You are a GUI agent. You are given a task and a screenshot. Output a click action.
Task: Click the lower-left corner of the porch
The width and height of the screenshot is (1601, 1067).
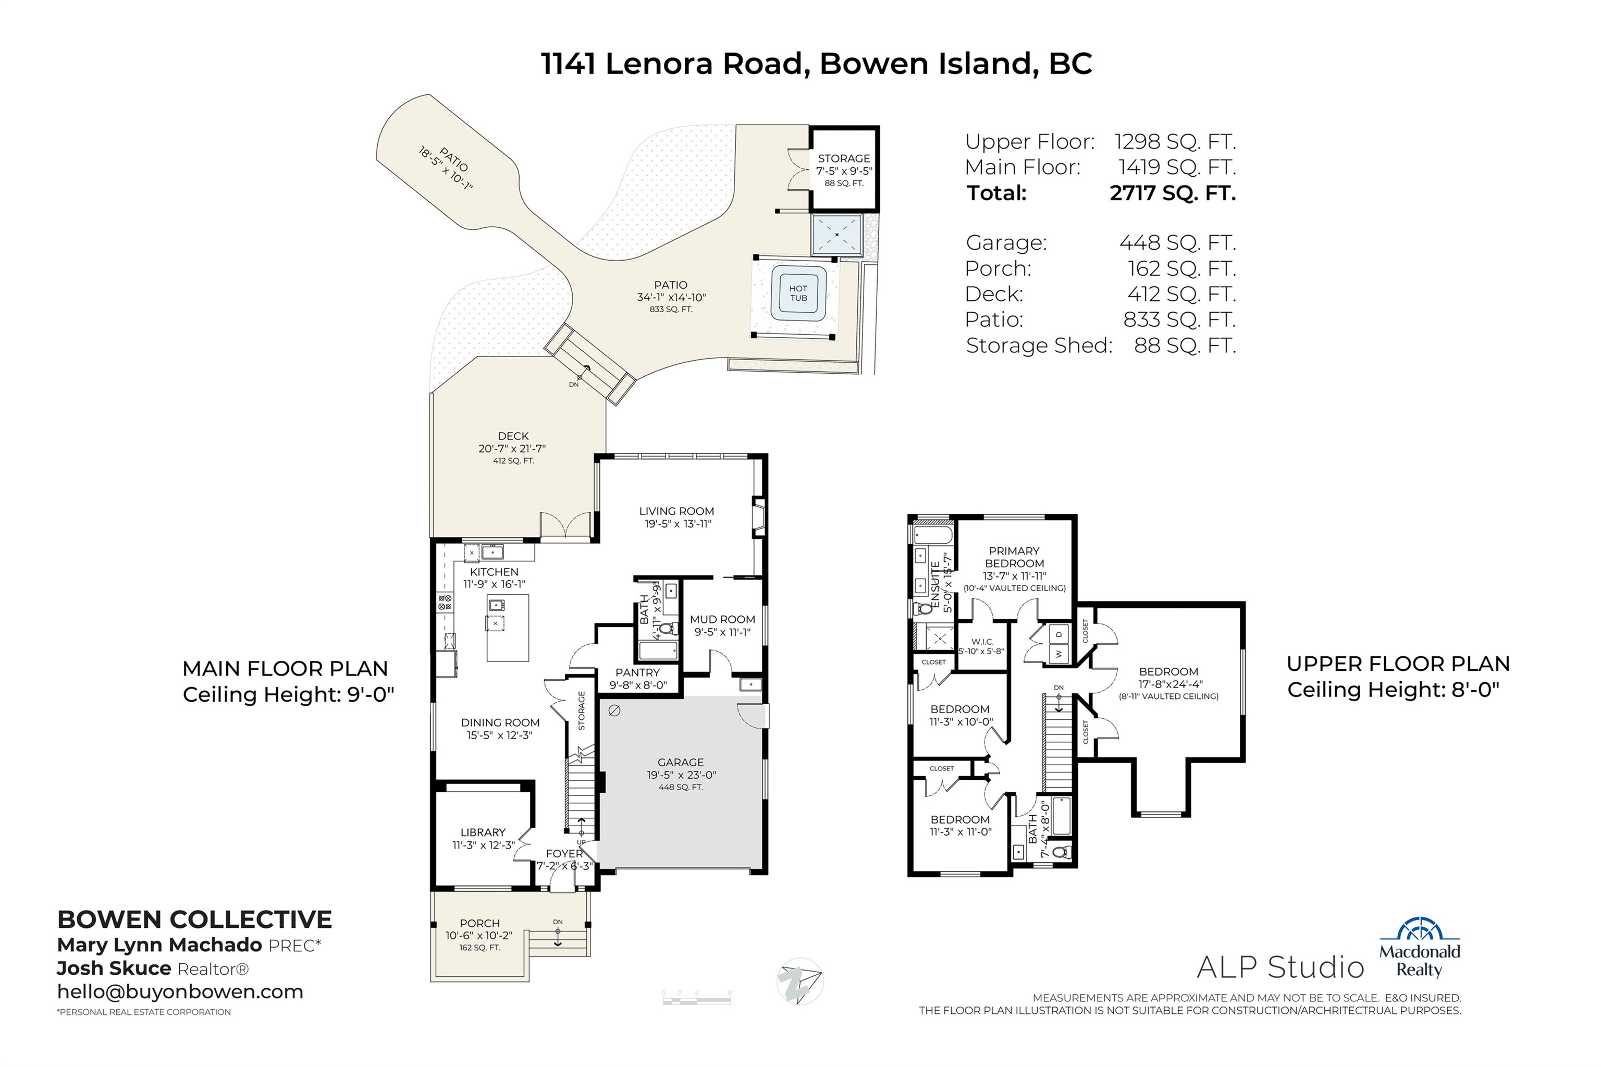tap(432, 980)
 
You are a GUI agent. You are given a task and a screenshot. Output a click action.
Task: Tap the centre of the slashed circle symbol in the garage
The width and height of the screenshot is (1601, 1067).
tap(614, 710)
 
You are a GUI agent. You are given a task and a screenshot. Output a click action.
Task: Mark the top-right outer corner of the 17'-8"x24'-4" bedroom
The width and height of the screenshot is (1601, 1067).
tap(1244, 604)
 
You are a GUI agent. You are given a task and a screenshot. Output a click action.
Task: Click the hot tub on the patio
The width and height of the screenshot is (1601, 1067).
tap(798, 293)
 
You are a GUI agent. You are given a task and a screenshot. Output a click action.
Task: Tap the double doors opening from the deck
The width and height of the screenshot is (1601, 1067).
tap(565, 525)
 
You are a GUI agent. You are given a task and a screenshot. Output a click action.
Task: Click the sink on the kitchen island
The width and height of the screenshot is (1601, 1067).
tap(497, 604)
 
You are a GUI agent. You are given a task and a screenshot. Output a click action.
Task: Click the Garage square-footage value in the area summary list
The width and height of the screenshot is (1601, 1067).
tap(1177, 243)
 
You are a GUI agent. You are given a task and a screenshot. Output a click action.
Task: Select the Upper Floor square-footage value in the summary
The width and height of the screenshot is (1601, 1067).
tap(1175, 142)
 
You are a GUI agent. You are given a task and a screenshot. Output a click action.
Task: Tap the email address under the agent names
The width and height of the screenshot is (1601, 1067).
tap(180, 991)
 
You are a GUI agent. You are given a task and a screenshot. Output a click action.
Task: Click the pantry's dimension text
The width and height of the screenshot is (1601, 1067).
tap(638, 685)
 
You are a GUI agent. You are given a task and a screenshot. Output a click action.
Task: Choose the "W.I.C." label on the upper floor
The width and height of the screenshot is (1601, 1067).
tap(982, 642)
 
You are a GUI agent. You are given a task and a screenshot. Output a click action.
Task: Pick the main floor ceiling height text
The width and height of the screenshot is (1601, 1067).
tap(289, 695)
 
